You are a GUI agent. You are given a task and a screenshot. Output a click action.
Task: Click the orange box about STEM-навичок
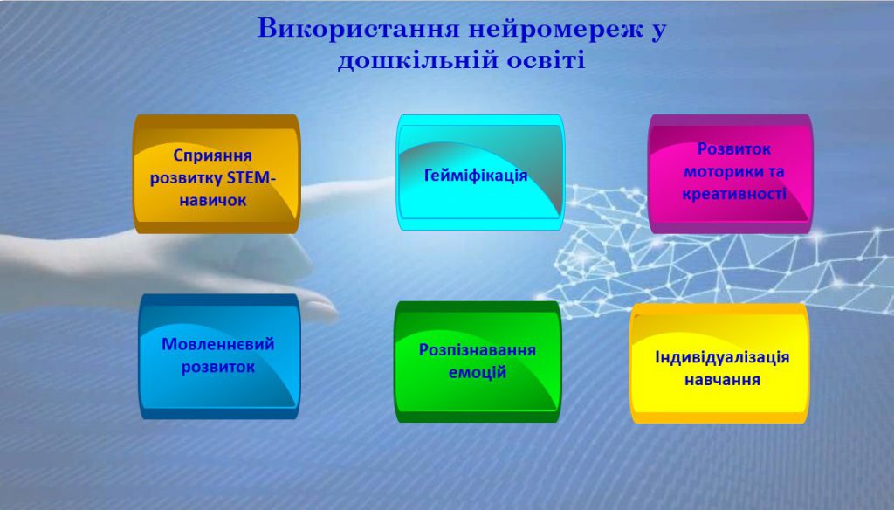tap(216, 174)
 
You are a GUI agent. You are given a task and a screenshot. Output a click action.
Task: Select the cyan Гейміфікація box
tap(480, 173)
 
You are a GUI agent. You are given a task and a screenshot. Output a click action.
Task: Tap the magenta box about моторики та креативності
tap(730, 174)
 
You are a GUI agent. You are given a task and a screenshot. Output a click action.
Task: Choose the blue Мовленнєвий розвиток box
tap(219, 356)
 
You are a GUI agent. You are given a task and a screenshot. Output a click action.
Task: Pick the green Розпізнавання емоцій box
tap(477, 362)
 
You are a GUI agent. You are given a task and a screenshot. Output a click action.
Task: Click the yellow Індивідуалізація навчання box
tap(719, 363)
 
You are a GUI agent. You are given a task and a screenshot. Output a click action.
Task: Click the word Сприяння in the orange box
tap(212, 155)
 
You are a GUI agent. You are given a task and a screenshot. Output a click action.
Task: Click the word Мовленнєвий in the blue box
tap(218, 344)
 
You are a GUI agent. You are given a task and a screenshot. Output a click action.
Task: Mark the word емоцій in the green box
tap(478, 372)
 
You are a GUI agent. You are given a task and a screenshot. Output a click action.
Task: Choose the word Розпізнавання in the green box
tap(478, 350)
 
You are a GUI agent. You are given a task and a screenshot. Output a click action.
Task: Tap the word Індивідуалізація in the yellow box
tap(722, 357)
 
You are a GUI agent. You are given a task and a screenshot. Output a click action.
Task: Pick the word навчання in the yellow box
tap(722, 380)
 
